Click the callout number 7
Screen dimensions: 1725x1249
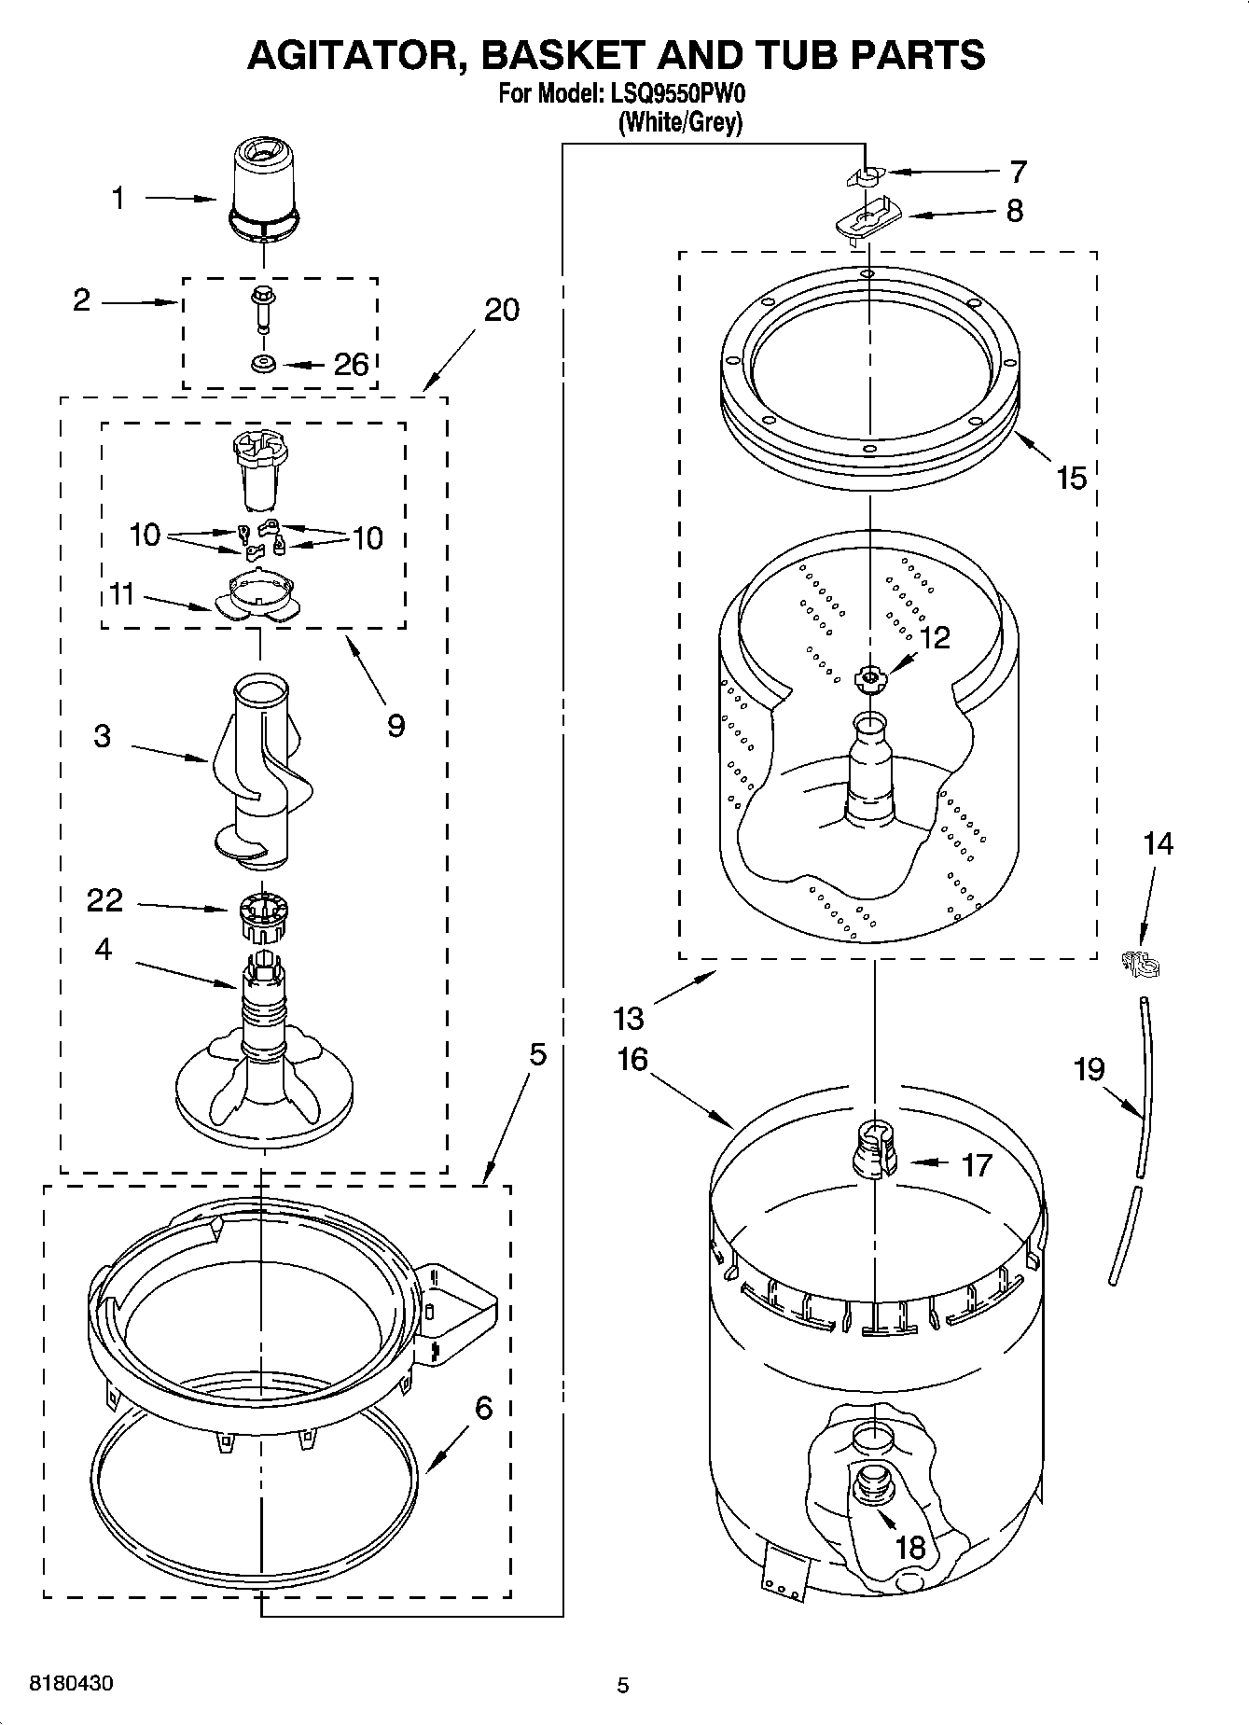click(1018, 171)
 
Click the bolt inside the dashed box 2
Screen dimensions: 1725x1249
click(262, 307)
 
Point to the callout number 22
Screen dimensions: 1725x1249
click(104, 899)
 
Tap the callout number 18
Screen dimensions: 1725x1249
click(909, 1547)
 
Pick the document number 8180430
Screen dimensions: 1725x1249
click(72, 1684)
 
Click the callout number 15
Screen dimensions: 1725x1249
click(1071, 478)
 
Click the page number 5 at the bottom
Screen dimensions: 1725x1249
click(623, 1685)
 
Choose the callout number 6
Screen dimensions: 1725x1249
click(483, 1407)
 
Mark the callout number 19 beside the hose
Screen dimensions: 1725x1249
click(1089, 1068)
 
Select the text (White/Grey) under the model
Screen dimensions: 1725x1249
click(680, 121)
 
